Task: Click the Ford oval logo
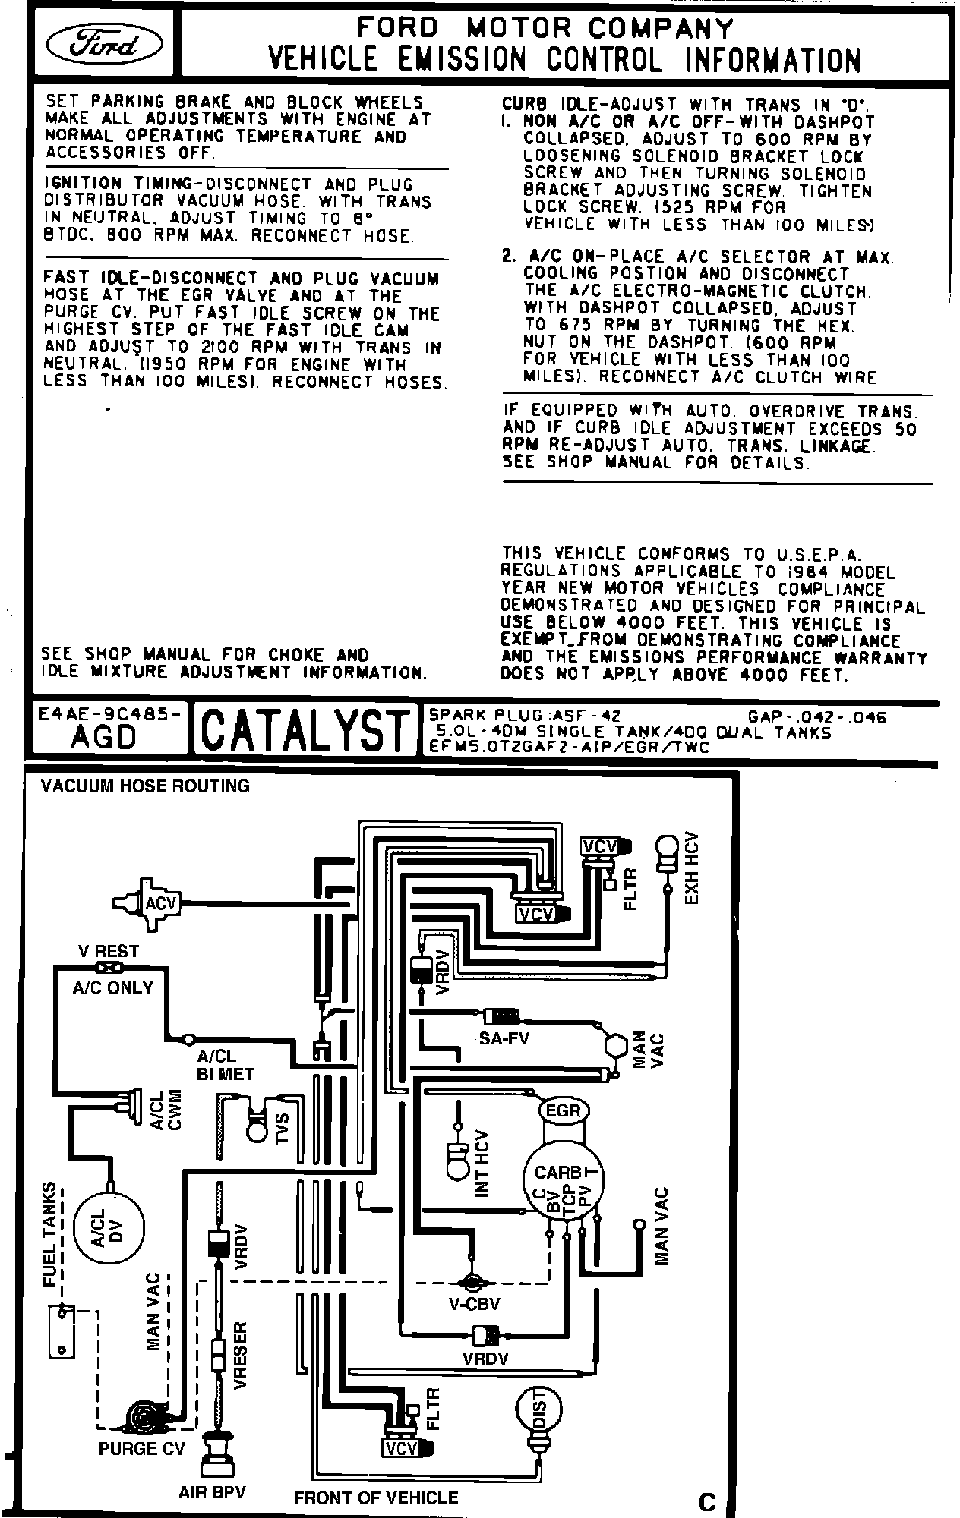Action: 103,46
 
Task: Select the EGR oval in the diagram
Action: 563,1111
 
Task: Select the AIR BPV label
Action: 212,1492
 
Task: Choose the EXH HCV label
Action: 690,869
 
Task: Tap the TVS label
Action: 283,1129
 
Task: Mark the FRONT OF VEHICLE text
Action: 376,1498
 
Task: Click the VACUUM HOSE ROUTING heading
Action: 145,786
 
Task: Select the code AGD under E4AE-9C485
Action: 104,737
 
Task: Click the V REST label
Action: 109,951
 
